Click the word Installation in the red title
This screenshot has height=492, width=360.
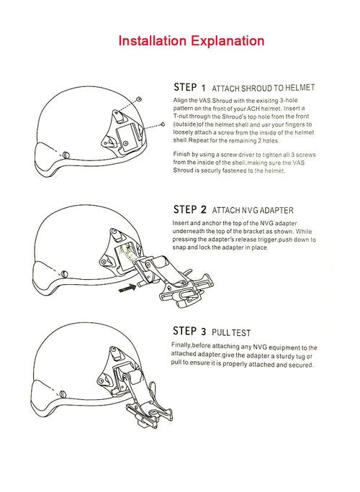coord(152,41)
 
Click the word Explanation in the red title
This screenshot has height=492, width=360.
coord(228,42)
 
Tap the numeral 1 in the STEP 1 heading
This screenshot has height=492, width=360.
coord(203,88)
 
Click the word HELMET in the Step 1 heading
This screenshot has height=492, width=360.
coord(300,88)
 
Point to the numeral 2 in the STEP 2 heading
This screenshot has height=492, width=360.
coord(204,209)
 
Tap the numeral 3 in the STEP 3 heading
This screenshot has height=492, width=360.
coord(204,332)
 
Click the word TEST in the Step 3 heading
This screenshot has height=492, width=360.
coord(242,332)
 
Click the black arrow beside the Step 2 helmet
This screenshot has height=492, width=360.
coord(127,288)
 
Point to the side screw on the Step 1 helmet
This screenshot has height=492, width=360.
coord(66,155)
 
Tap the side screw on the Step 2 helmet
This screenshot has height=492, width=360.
coord(64,274)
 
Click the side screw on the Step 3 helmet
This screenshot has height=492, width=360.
coord(63,393)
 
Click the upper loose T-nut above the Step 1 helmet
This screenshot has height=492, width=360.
coord(139,99)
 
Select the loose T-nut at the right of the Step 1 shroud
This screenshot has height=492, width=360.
coord(163,124)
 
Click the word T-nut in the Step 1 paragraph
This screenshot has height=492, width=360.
coord(180,117)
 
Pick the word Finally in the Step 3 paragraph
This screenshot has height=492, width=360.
coord(181,345)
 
